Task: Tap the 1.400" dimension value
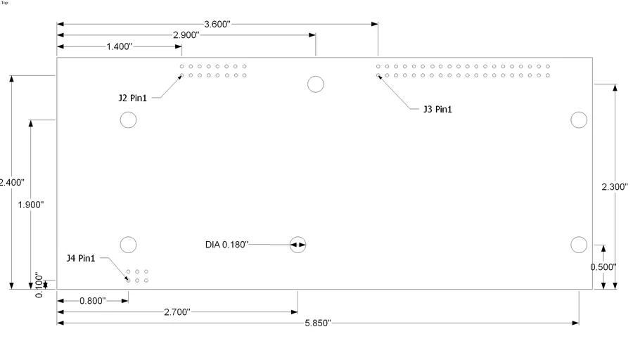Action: (120, 46)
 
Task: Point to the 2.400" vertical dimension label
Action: (12, 182)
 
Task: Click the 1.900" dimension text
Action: (31, 205)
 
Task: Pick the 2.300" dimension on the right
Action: (615, 187)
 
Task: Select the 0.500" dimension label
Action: (603, 266)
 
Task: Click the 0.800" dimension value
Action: (92, 301)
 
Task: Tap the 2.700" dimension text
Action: (177, 312)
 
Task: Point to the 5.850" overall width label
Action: (318, 323)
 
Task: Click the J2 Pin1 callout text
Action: (133, 98)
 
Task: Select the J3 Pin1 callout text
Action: (437, 109)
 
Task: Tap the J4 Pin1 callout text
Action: (81, 258)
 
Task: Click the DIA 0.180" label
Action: (226, 245)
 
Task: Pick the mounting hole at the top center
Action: (316, 84)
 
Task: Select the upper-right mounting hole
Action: (579, 120)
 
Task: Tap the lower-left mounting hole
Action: (128, 245)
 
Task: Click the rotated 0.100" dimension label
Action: (39, 285)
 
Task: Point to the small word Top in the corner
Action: (6, 3)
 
